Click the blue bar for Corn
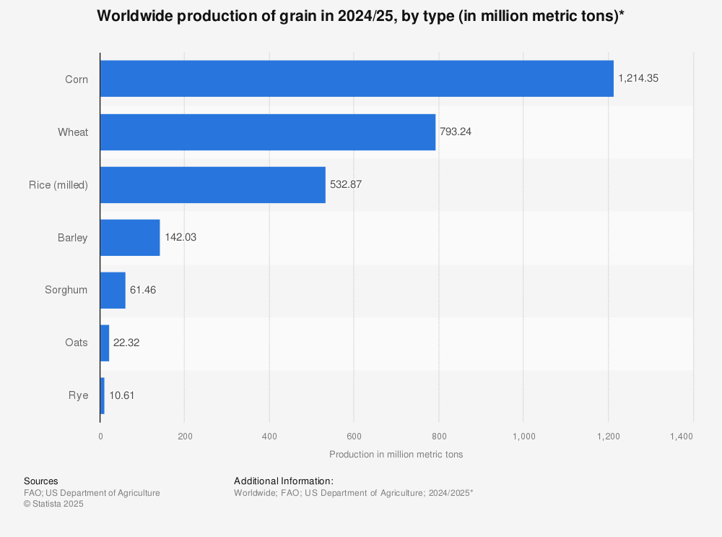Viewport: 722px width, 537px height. click(357, 79)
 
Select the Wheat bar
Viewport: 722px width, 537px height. click(268, 132)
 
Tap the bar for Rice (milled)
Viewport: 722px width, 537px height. click(213, 184)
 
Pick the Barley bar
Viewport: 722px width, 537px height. click(130, 237)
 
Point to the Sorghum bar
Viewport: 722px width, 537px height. click(113, 290)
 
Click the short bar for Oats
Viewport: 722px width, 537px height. click(105, 343)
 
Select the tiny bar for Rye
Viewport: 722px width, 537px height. click(103, 395)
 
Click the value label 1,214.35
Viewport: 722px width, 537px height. click(638, 79)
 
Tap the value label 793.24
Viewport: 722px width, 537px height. click(456, 132)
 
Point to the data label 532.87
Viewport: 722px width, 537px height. click(346, 184)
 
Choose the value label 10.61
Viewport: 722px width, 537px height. click(122, 395)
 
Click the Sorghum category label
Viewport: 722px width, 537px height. click(66, 290)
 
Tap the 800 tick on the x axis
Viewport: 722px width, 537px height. click(438, 437)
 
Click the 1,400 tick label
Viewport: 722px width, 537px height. click(681, 437)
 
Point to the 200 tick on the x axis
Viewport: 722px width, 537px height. click(184, 437)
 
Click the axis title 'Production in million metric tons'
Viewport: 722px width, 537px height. click(396, 455)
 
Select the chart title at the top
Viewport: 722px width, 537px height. click(360, 16)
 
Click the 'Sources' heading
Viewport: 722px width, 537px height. click(41, 481)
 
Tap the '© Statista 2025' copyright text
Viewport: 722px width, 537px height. click(53, 504)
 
